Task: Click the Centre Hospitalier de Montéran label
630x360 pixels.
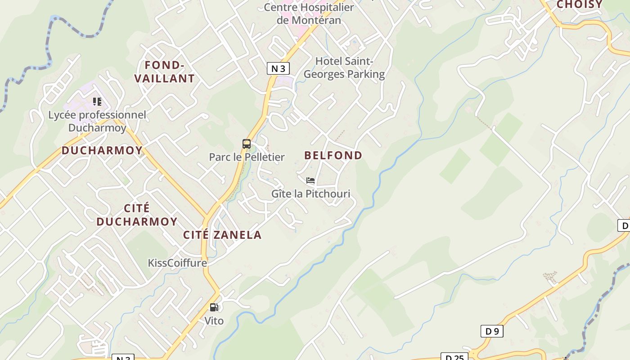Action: pos(309,13)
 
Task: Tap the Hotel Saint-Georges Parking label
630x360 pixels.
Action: pos(344,67)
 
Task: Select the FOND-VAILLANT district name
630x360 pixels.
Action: pos(165,72)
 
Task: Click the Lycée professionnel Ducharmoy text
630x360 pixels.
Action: pos(97,121)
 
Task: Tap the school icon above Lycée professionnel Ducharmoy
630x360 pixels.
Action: pos(97,102)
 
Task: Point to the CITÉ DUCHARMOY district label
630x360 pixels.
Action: pos(137,215)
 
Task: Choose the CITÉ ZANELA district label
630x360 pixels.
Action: pos(222,234)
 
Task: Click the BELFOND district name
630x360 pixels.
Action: pos(333,155)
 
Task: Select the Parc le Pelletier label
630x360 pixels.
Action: pos(247,157)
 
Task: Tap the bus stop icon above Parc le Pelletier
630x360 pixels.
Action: pos(247,144)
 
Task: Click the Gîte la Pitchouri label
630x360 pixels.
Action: pos(310,193)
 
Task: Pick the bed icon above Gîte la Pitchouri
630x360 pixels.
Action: pos(310,181)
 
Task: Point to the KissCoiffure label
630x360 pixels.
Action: pos(177,263)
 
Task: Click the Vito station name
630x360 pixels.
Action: pos(214,321)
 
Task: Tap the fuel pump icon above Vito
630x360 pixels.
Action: pos(214,308)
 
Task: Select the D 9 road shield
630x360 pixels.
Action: pos(492,331)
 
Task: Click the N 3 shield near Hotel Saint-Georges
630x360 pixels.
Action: pos(278,68)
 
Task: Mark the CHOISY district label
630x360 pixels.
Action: pos(580,4)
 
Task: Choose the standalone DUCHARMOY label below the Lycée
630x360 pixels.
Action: pos(102,150)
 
